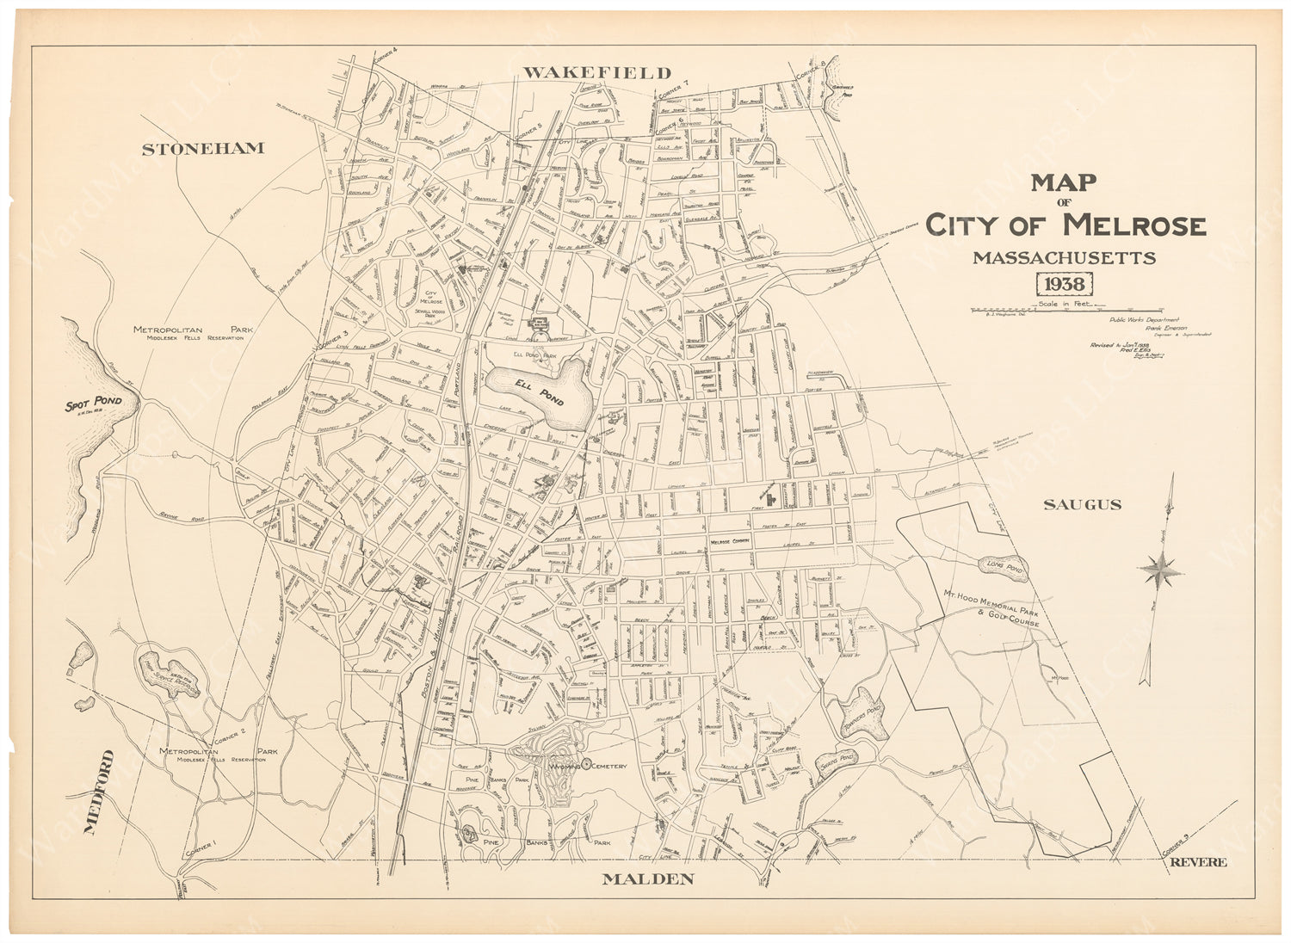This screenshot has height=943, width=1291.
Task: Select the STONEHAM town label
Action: coord(202,149)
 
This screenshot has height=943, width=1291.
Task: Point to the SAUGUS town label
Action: coord(1082,505)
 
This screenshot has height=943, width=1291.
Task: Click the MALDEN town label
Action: coord(647,878)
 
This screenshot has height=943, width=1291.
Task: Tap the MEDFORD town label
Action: coord(99,792)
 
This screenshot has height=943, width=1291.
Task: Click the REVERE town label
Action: coord(1197,863)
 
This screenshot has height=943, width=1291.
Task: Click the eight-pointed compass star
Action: coord(1159,566)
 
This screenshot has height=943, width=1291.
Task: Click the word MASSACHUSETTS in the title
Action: coord(1064,257)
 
